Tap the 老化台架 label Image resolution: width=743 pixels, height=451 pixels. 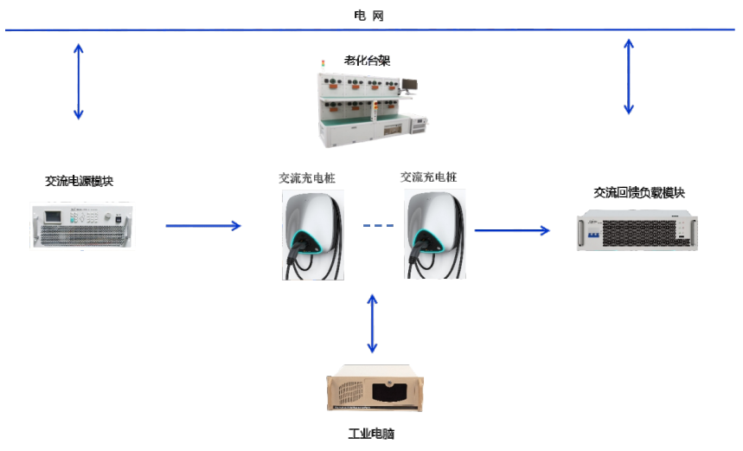tap(368, 61)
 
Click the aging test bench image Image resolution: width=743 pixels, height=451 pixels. tap(367, 109)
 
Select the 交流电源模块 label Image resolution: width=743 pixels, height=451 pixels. tap(79, 181)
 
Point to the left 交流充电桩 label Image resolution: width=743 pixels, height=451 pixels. tap(306, 177)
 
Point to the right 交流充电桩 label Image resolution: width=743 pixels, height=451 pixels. tap(429, 177)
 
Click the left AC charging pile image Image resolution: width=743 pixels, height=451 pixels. tap(311, 235)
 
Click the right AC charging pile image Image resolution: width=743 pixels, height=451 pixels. tap(434, 234)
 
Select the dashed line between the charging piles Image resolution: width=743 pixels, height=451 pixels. tap(378, 227)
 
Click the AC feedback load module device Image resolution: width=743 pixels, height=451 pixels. tap(637, 230)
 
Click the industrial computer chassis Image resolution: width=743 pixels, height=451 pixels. tap(375, 392)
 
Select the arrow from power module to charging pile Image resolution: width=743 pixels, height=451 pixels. tap(203, 226)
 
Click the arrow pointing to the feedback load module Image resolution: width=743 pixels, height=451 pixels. tap(512, 230)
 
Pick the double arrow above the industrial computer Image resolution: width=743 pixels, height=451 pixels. tap(373, 323)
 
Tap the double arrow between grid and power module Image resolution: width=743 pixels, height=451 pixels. tap(79, 81)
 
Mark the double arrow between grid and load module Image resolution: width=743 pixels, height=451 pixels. tap(629, 76)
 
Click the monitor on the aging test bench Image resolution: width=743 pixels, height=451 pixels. tap(407, 85)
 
